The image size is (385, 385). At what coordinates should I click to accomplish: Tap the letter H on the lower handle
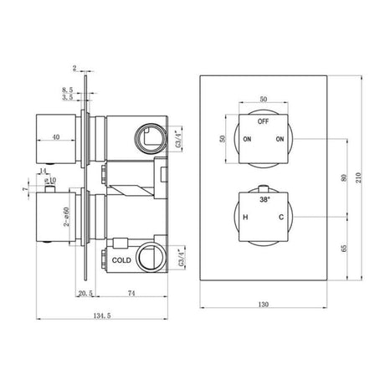[245, 218]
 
